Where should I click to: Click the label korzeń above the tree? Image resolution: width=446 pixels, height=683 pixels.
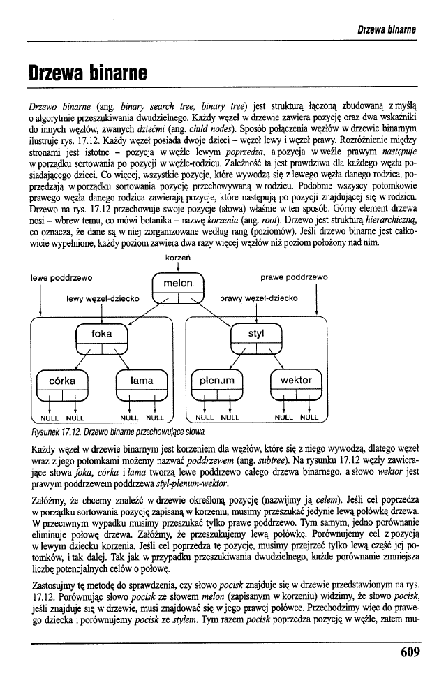[178, 260]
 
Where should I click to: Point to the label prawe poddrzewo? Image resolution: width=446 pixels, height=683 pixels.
[294, 278]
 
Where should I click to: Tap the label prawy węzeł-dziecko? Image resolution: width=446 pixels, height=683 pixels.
[258, 298]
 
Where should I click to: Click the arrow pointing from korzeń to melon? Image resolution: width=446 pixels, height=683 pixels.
[178, 268]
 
